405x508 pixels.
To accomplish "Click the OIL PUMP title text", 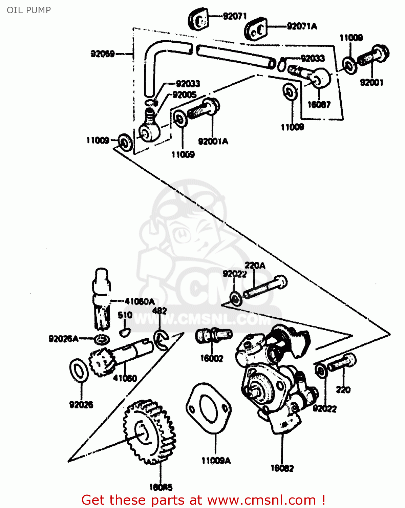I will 29,10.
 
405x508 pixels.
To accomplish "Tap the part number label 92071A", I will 302,26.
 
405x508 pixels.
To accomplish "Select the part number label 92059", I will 103,54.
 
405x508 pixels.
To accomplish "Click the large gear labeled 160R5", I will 149,432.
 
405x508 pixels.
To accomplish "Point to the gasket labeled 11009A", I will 209,408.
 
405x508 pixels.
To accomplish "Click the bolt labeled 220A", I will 265,287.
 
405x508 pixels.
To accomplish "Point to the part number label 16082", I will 282,468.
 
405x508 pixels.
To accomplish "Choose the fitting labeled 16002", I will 214,335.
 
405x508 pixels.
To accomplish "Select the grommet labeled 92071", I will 198,20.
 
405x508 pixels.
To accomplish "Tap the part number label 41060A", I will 140,301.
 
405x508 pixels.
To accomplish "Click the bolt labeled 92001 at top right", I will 374,56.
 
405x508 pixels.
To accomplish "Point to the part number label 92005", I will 185,95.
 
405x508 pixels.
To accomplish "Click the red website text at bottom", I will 204,500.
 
